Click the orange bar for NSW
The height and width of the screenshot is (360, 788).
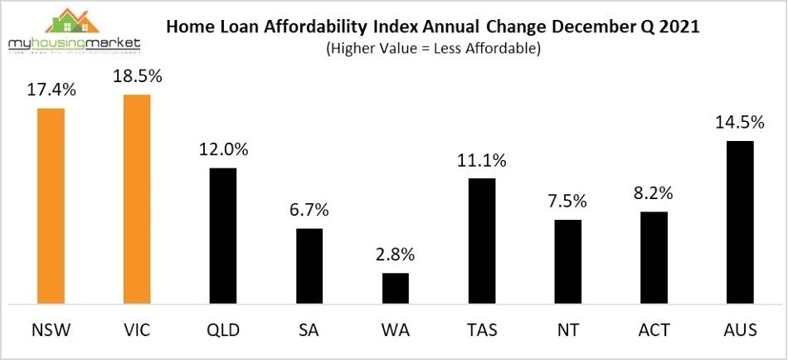51,206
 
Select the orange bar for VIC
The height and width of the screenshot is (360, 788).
137,199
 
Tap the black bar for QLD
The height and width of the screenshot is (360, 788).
223,236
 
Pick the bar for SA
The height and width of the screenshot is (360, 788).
309,265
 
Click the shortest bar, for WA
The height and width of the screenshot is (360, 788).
396,288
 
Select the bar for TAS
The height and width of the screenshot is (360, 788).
482,241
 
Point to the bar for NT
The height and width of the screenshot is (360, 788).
567,261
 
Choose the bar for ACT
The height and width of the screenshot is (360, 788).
654,257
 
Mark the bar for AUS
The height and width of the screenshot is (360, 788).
740,222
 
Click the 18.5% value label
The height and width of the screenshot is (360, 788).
137,76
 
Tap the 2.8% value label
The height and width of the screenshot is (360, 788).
396,254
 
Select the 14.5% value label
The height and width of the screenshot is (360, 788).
740,123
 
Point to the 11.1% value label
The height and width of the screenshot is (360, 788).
482,160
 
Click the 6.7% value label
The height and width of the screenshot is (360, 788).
309,211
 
